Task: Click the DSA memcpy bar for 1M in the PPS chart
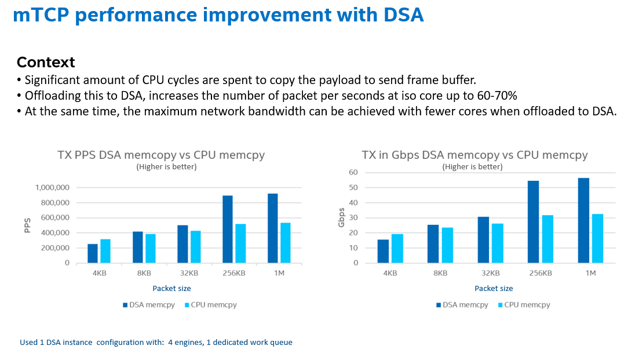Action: coord(272,228)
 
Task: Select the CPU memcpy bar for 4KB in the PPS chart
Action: coord(105,251)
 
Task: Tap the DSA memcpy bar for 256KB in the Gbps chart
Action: coord(533,222)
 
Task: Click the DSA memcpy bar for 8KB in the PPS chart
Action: coord(137,248)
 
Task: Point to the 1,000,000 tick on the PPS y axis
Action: coord(52,187)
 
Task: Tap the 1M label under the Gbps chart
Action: coord(590,273)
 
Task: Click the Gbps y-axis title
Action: coord(342,217)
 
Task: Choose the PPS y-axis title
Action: coord(27,225)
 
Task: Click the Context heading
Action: coord(46,62)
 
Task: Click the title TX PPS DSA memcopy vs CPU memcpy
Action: coord(161,155)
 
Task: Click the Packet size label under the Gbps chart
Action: coord(494,288)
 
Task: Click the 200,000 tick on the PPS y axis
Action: coord(54,248)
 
